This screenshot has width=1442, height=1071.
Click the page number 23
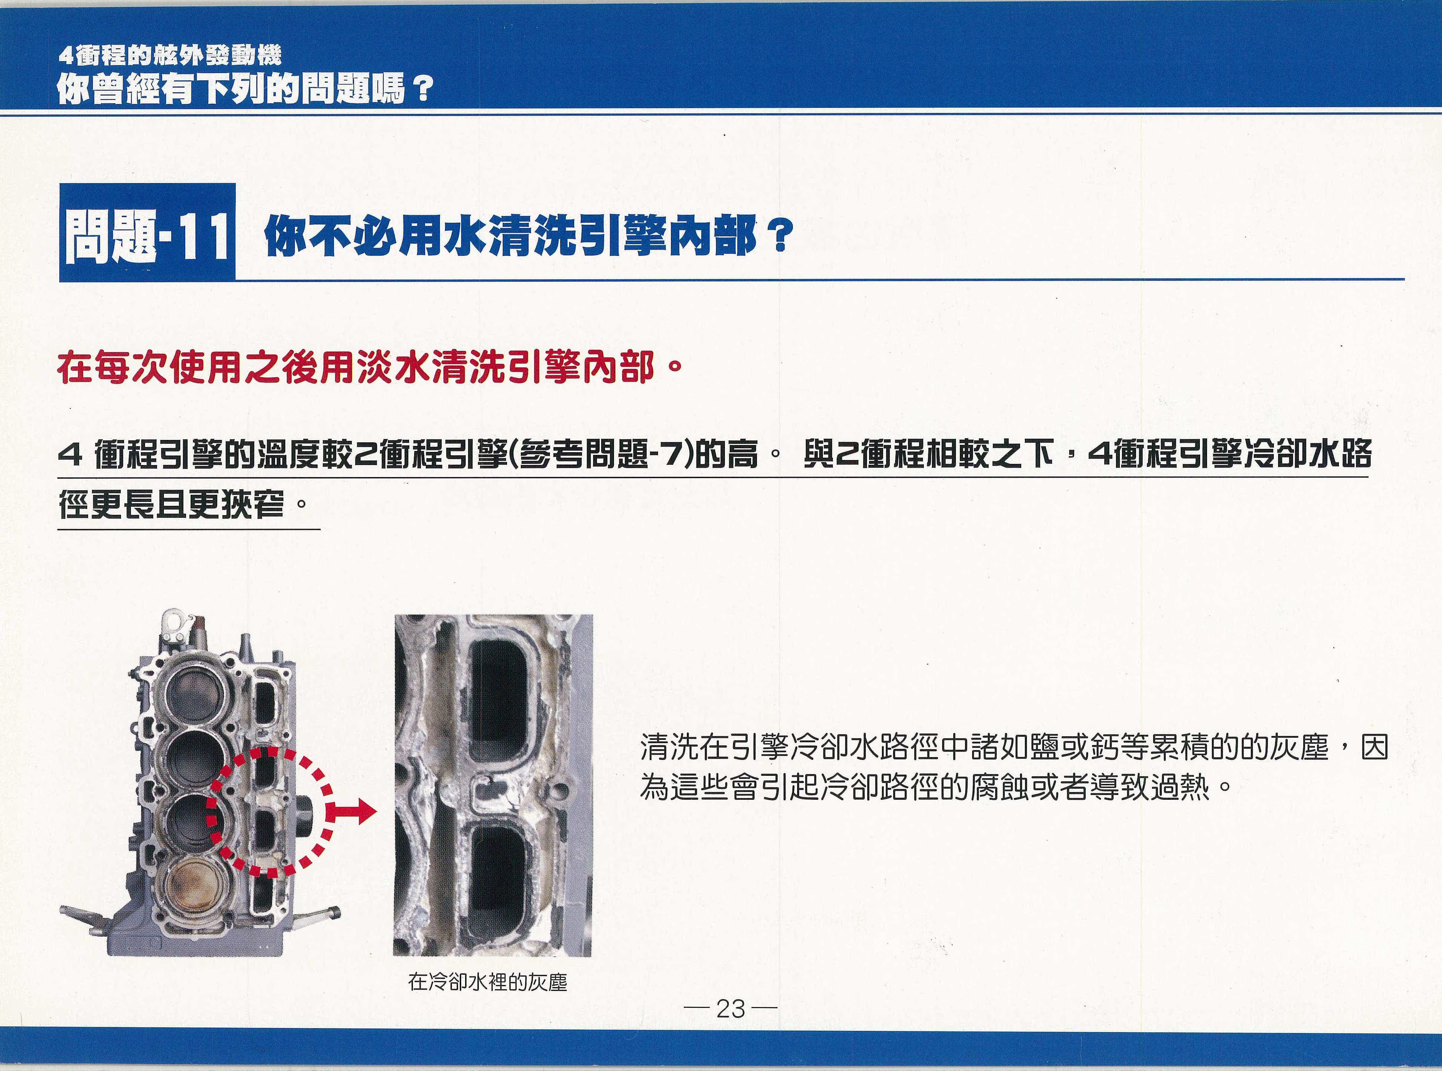pyautogui.click(x=730, y=1009)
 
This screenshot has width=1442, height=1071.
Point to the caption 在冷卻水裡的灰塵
pyautogui.click(x=488, y=982)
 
